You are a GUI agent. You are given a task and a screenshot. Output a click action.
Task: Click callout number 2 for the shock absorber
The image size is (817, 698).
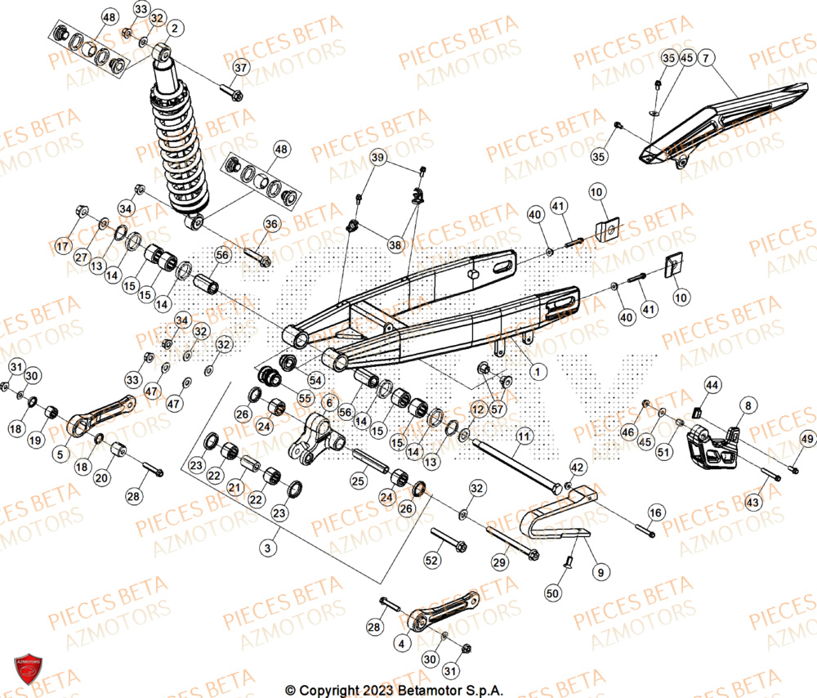point(172,29)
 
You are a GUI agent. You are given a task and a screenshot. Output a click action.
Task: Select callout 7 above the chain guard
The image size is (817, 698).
point(706,56)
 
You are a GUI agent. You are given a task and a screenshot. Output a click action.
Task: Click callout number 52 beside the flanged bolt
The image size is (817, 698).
point(432,560)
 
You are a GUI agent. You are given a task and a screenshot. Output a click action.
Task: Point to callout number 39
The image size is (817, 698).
point(377,157)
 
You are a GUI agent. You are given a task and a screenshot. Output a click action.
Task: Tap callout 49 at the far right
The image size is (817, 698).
point(806,441)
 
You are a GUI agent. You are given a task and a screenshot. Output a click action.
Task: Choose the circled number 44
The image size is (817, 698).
point(712,384)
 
